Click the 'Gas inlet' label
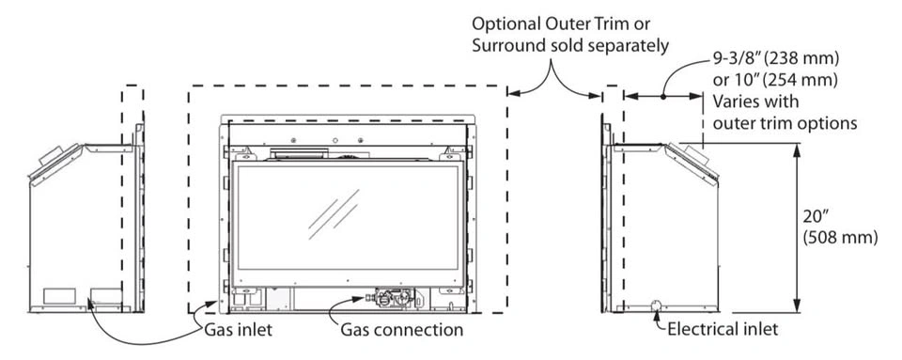238,330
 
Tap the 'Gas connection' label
401,330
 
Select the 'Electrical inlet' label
723,330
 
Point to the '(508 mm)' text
840,238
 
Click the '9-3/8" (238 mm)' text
776,58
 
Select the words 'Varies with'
755,102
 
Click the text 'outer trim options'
785,123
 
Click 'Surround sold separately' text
570,46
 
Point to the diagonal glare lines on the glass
334,214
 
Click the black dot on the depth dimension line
663,97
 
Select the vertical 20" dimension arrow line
797,227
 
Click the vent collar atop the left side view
51,155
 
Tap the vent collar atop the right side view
695,153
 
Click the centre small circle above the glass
335,140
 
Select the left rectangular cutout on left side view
59,295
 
